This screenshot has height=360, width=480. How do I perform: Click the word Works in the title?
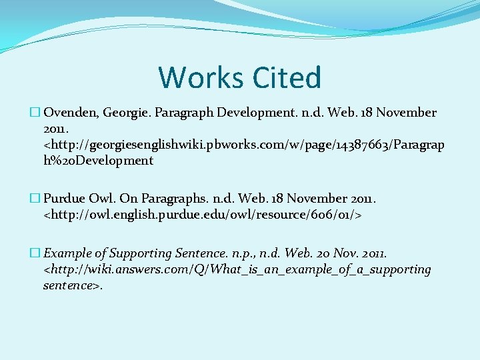coord(195,77)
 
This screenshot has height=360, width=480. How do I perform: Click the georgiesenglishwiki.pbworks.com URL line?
coord(243,145)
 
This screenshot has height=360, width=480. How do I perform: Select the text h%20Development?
coord(98,161)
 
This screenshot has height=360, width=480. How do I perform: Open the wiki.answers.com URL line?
coord(237,270)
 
